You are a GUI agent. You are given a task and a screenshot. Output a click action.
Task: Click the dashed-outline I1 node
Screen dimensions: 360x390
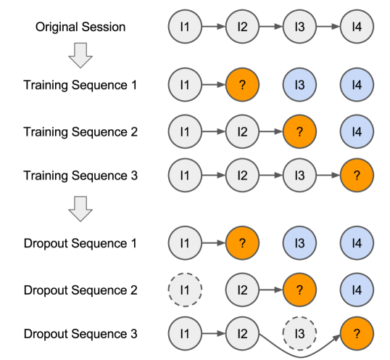(x=185, y=290)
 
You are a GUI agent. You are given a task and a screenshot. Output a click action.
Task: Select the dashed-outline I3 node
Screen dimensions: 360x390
(x=299, y=334)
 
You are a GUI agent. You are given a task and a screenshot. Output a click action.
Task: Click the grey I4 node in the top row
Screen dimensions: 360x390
(x=357, y=28)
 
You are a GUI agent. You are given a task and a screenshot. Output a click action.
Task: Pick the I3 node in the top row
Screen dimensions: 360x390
(x=299, y=28)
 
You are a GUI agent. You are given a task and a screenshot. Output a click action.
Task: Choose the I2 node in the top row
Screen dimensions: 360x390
(x=242, y=28)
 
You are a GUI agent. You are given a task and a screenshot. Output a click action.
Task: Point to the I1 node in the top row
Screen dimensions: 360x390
(x=185, y=28)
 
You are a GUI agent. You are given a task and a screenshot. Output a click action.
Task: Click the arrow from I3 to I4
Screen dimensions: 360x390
(x=328, y=28)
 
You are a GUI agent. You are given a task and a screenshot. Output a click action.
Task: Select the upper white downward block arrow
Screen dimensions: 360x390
(x=80, y=55)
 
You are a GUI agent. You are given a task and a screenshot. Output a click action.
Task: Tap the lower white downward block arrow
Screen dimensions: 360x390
(x=80, y=209)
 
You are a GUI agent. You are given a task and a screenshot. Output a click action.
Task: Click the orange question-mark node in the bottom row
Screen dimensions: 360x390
(x=357, y=334)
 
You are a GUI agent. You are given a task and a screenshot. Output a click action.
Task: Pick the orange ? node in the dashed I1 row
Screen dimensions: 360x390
(x=299, y=290)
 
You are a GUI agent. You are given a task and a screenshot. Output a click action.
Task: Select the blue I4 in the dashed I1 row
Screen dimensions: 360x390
(x=357, y=290)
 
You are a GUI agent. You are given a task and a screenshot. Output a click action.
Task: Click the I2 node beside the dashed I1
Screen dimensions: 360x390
(x=242, y=290)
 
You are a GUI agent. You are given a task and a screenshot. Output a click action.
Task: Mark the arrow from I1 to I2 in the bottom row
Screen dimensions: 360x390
(x=214, y=334)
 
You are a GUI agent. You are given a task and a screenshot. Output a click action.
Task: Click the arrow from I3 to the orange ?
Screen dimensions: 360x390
(x=328, y=175)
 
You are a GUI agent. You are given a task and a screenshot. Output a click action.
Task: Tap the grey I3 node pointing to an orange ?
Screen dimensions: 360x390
(x=299, y=175)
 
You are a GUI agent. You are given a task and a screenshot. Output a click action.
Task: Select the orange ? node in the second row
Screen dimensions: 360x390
(x=242, y=86)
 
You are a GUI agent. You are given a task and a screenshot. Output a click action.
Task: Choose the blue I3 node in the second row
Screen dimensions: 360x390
(x=299, y=86)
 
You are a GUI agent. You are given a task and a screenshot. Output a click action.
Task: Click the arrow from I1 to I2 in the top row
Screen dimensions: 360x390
(x=214, y=28)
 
